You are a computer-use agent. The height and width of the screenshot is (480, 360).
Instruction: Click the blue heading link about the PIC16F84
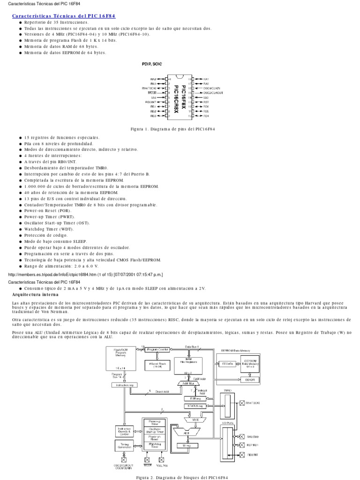click(63, 16)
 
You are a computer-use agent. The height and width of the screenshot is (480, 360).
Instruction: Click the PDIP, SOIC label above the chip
click(151, 64)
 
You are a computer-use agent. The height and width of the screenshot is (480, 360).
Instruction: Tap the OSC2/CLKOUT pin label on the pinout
click(214, 93)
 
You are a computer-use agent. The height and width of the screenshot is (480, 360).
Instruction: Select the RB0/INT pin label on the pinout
click(150, 102)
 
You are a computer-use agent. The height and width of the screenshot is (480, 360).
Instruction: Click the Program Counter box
click(157, 349)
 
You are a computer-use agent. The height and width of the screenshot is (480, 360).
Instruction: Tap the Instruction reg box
click(123, 385)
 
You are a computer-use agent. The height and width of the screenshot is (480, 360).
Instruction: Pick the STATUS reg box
click(192, 405)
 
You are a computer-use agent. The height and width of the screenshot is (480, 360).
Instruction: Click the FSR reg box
click(192, 399)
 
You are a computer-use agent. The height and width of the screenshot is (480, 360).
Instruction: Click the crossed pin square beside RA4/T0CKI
click(242, 403)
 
